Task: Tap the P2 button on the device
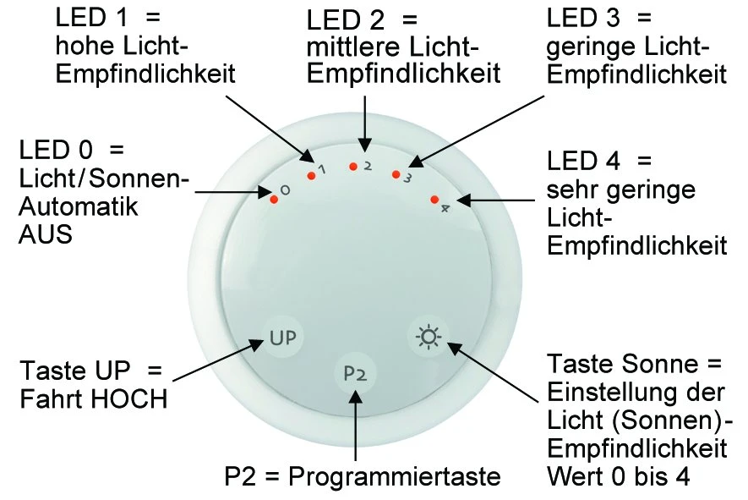(356, 373)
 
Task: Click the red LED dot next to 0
(274, 200)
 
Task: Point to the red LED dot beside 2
(352, 167)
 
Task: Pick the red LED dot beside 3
(394, 174)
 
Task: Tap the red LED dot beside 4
(434, 200)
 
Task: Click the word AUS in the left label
(46, 234)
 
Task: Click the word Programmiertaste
(395, 476)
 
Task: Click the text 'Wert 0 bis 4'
(618, 476)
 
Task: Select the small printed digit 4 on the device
(445, 207)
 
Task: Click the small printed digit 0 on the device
(286, 191)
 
